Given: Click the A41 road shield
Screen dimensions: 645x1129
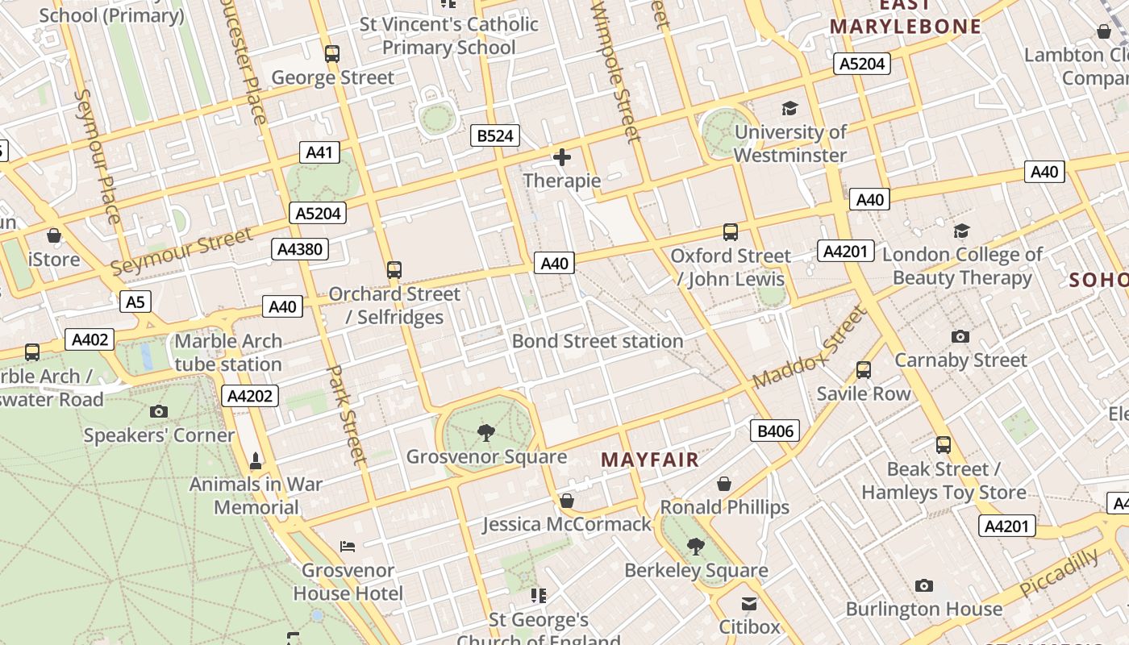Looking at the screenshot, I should (320, 152).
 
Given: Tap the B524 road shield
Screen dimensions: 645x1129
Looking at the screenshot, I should (494, 135).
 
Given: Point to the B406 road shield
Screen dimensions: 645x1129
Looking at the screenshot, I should (775, 431).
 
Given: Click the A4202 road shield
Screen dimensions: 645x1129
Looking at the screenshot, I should (251, 396).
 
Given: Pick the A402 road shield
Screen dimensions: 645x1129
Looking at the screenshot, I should (90, 339).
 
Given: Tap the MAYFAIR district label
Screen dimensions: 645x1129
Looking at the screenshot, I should (650, 460).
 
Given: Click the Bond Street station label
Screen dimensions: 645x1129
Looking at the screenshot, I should (598, 341).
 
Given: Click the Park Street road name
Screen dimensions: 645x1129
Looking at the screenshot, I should (346, 415).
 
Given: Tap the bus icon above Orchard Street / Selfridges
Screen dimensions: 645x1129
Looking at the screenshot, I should (394, 270).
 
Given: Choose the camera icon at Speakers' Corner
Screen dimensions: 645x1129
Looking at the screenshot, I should (159, 411).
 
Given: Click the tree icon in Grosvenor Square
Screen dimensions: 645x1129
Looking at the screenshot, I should (486, 433).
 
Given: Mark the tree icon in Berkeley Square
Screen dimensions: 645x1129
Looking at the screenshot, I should (696, 547).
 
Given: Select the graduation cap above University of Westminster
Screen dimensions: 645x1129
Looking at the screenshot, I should (789, 108).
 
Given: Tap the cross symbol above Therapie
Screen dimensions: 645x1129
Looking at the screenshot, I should (562, 157).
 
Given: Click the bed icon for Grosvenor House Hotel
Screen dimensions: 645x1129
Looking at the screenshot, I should (348, 547).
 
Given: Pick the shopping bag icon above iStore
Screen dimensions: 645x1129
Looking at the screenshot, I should (54, 235).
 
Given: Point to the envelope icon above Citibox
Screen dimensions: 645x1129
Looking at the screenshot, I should (749, 603).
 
